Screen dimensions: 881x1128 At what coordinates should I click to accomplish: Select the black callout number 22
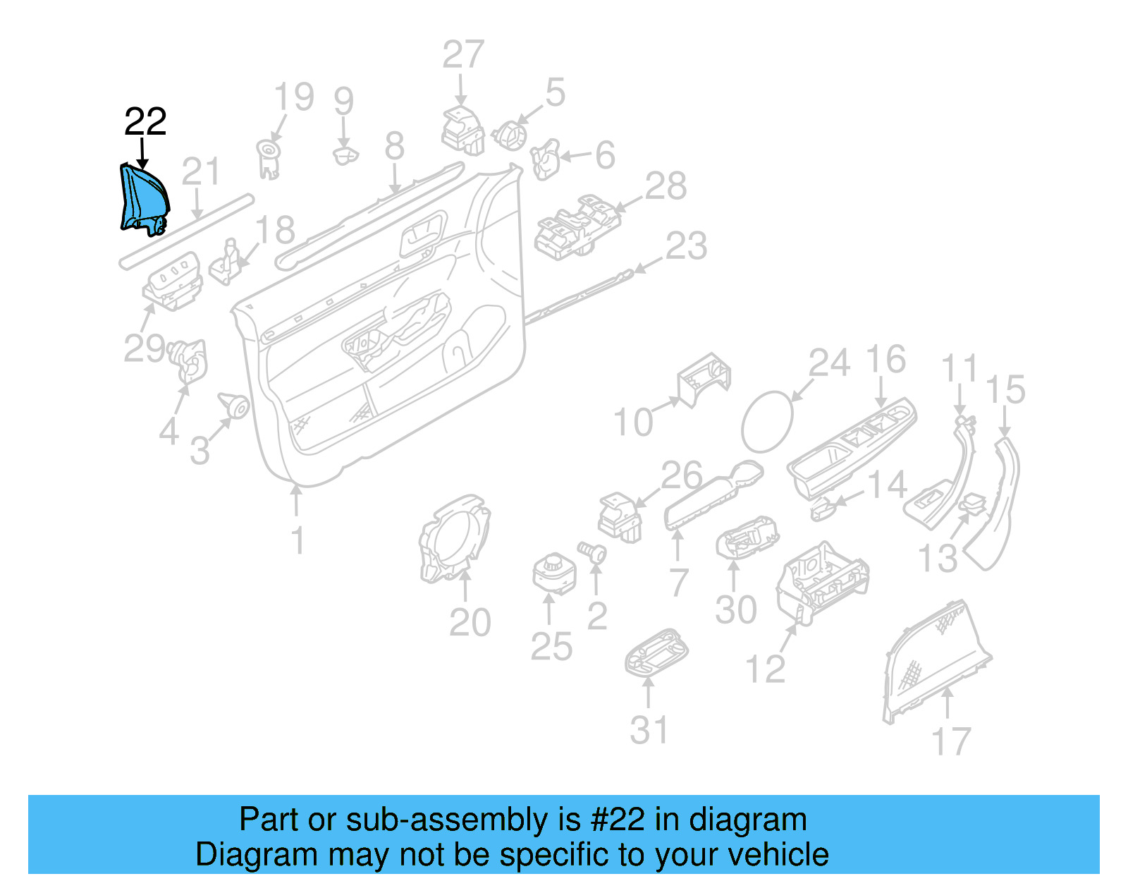[x=145, y=121]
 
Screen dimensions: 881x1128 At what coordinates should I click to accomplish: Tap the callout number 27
[x=463, y=55]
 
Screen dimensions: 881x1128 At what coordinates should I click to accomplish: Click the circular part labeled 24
[x=767, y=422]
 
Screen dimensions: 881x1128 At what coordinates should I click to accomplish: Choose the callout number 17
[x=951, y=741]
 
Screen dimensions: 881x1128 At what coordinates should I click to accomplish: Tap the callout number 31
[x=649, y=730]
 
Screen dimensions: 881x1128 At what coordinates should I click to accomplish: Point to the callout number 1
[x=298, y=540]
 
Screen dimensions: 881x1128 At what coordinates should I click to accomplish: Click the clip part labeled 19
[x=268, y=159]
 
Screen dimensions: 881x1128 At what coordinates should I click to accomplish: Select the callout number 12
[x=765, y=669]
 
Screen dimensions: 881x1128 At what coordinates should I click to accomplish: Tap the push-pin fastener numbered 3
[x=235, y=406]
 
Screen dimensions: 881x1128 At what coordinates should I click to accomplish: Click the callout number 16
[x=885, y=360]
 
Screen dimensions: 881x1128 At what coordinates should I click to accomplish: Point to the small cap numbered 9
[x=345, y=154]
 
